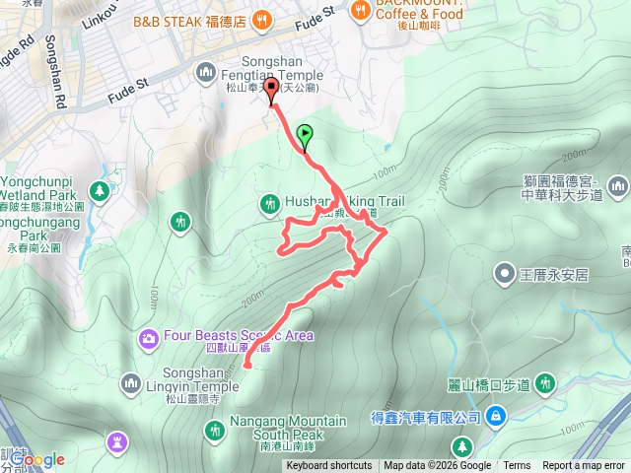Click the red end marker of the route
coord(271,96)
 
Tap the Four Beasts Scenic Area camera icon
coord(149,339)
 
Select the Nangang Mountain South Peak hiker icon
coord(215,428)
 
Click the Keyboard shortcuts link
coord(329,466)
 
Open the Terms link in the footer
coord(517,466)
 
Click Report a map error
coord(585,466)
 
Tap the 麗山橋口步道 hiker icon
coord(545,383)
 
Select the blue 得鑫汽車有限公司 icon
coord(494,419)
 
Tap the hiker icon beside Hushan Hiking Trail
coord(269,203)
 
